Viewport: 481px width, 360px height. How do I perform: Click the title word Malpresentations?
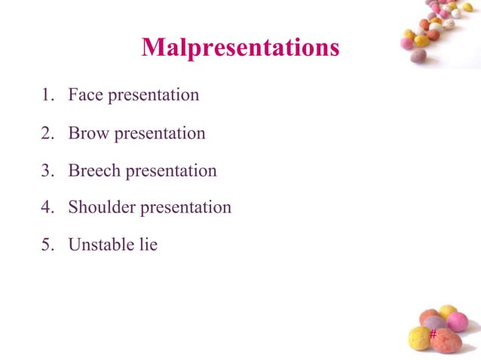coord(240,47)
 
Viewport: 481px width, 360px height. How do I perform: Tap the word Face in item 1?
coord(86,96)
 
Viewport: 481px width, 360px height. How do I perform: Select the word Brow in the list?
coord(89,133)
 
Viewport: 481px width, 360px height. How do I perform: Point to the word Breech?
coord(94,171)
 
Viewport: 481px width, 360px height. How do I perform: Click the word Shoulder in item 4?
coord(102,207)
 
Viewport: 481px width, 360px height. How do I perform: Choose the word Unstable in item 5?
coord(101,245)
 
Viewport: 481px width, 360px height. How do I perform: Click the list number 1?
coord(46,96)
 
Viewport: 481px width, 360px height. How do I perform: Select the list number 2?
coord(46,133)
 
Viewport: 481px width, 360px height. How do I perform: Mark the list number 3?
coord(46,171)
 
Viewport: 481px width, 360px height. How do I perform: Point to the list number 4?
coord(46,207)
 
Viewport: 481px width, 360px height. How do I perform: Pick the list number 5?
coord(46,245)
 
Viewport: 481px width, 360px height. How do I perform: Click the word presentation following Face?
coord(154,96)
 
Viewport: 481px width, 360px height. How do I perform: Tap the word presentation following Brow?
coord(159,134)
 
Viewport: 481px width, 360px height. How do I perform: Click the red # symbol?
coord(433,334)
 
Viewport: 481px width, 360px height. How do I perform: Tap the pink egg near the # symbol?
coord(458,322)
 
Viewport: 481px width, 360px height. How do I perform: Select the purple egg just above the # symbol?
coord(434,322)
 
